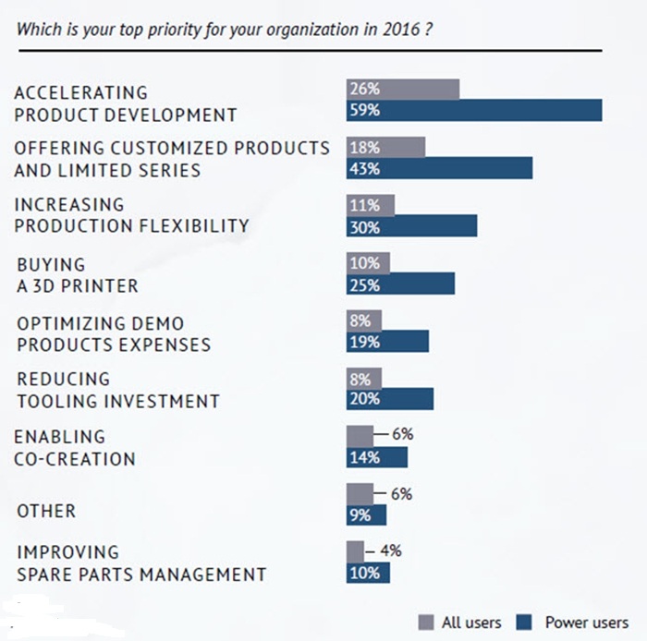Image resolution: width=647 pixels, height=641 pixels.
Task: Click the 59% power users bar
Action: tap(474, 111)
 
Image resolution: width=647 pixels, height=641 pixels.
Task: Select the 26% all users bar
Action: tap(403, 90)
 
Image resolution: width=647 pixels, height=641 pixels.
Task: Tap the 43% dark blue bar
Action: tap(439, 168)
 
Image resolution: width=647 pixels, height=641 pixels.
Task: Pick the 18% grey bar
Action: tap(385, 147)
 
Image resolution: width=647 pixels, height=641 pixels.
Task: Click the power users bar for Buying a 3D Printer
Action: tap(400, 284)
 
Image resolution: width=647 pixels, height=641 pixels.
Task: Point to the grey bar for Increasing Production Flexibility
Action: tap(370, 205)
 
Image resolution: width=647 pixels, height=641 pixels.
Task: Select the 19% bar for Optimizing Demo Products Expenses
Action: tap(387, 342)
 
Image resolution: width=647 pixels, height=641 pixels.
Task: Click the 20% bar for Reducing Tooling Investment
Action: tap(389, 399)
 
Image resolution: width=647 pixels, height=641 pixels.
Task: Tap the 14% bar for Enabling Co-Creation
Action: tap(376, 457)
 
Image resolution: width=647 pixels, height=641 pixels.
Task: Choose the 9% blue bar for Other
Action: tap(367, 514)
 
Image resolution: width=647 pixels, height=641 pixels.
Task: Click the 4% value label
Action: tap(390, 550)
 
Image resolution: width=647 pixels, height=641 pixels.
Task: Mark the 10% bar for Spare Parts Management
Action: tap(368, 573)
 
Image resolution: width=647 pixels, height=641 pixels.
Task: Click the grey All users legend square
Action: tap(425, 622)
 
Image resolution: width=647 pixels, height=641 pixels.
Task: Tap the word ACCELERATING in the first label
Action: tap(80, 92)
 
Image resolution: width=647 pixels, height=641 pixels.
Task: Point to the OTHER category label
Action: tap(46, 511)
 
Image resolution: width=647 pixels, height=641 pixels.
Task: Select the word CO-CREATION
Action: tap(76, 459)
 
